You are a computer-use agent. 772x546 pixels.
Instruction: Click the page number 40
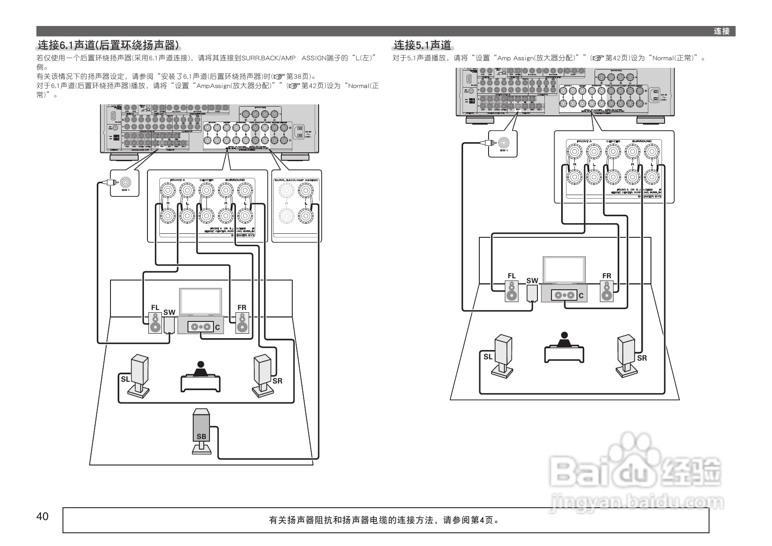[43, 516]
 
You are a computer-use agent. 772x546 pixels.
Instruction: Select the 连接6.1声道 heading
[108, 45]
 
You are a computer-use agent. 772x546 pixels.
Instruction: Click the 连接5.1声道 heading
[422, 45]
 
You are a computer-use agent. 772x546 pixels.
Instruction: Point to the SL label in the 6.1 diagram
[125, 379]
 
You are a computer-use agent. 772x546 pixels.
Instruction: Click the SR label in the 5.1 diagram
[642, 358]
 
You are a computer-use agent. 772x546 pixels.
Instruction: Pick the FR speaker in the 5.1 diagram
[607, 291]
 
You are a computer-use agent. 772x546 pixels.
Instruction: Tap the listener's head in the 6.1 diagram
[201, 365]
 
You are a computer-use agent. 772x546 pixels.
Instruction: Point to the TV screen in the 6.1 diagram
[200, 301]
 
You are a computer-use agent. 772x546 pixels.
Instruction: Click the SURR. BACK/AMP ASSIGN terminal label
[296, 181]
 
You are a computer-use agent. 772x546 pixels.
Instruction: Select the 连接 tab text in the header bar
[722, 31]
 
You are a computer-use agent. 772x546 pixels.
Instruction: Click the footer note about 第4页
[385, 520]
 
